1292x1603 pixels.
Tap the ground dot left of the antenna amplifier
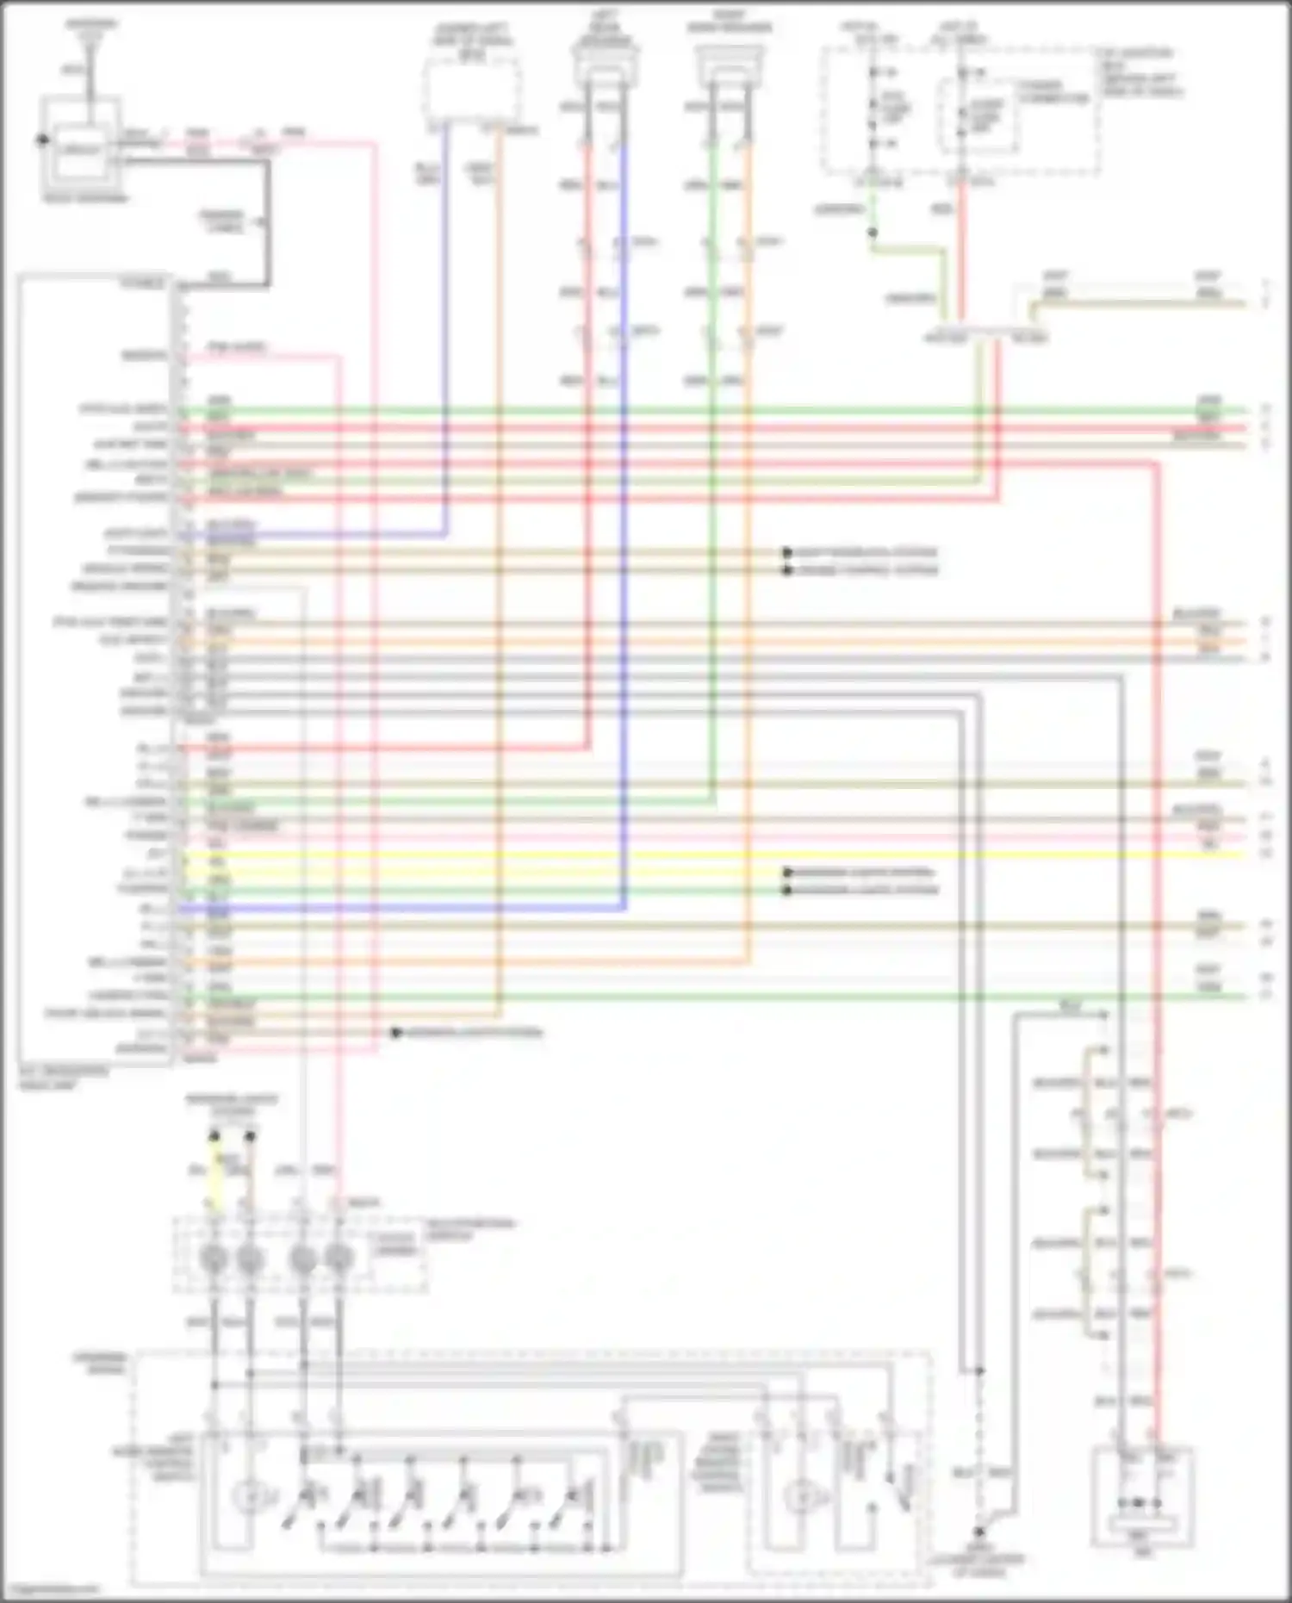pos(40,140)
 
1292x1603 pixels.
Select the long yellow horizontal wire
pos(689,855)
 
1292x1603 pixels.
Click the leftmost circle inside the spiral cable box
pos(214,1260)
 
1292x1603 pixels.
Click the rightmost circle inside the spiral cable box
pos(339,1260)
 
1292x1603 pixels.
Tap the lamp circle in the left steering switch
pos(251,1497)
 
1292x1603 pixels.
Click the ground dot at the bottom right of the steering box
pos(978,1533)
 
